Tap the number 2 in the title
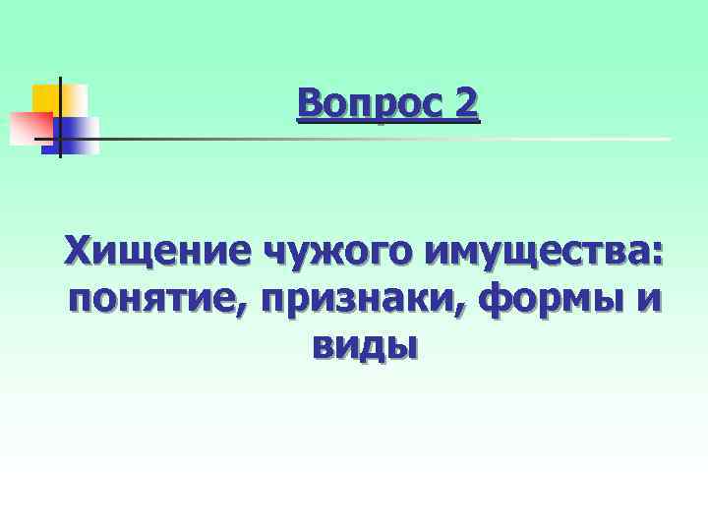point(466,102)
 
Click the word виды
point(364,345)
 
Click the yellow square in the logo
point(54,98)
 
